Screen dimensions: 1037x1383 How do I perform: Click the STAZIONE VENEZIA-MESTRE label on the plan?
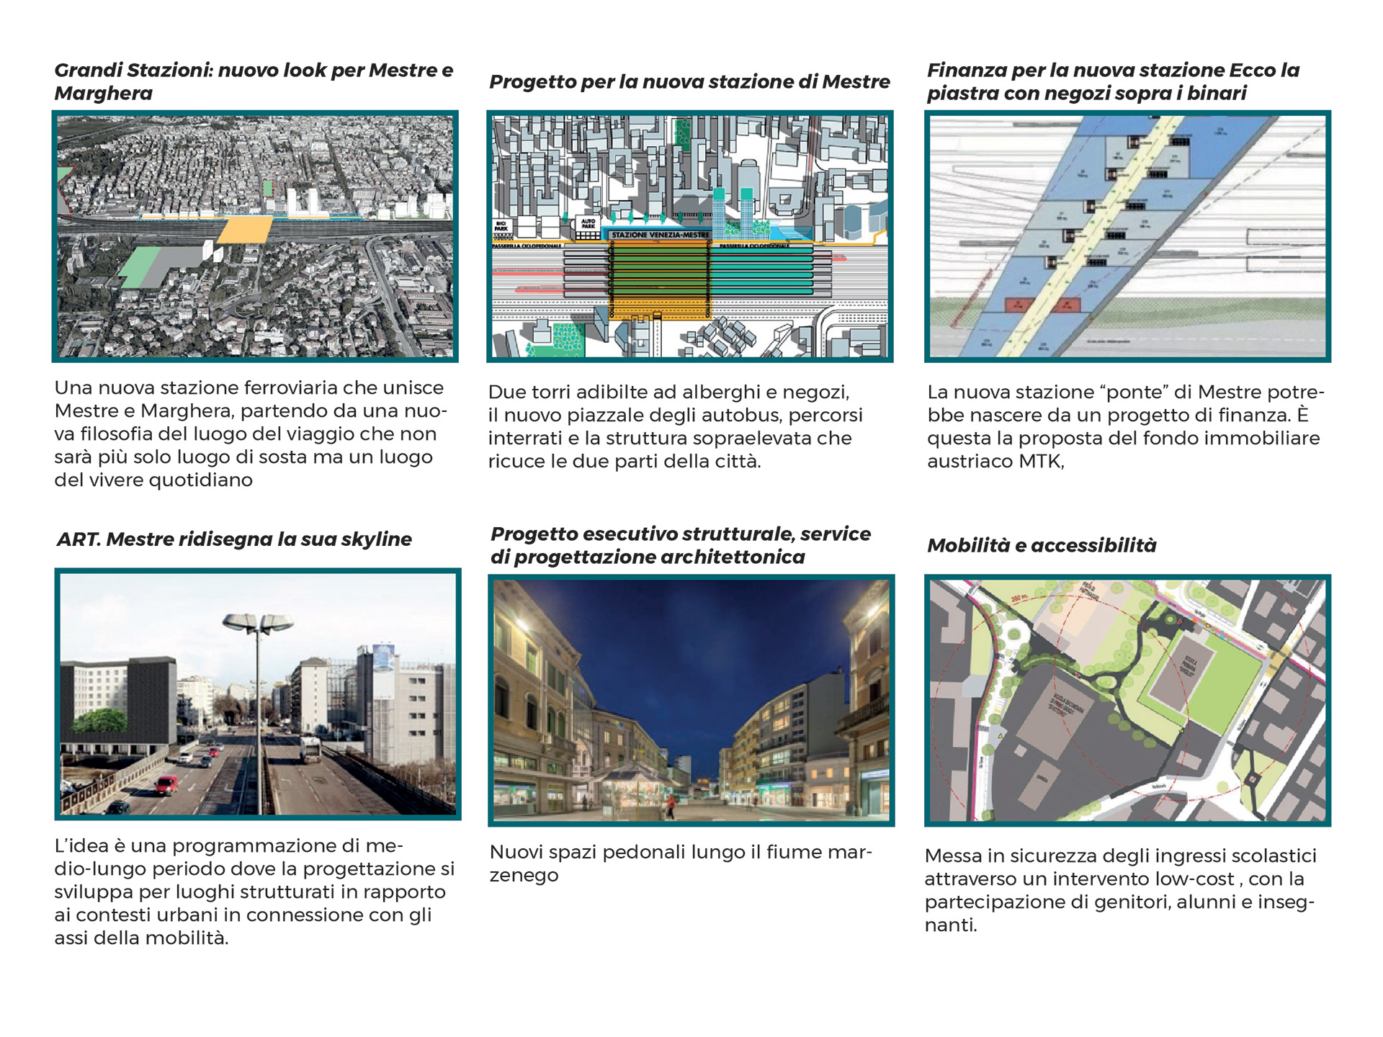point(660,235)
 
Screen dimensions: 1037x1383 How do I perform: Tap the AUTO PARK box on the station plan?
point(588,224)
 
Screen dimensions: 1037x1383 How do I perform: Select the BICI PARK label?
point(501,226)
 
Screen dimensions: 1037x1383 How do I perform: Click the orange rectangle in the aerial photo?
point(245,230)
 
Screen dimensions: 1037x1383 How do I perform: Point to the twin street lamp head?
point(258,623)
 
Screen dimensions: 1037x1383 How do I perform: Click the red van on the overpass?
point(166,784)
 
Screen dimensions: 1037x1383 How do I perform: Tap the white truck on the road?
point(310,749)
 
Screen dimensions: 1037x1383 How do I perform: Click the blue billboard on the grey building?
point(383,658)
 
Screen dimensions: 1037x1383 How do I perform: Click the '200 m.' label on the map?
point(1018,598)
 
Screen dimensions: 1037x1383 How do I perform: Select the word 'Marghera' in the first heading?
point(103,94)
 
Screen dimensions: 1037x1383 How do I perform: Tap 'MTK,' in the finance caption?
point(1041,462)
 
